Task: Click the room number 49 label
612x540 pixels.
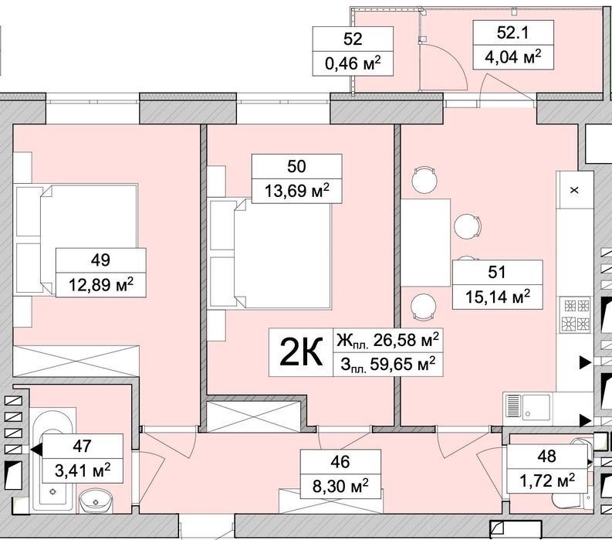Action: pos(100,260)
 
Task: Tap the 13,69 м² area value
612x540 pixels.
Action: pos(297,191)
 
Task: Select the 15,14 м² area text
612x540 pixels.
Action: pos(498,297)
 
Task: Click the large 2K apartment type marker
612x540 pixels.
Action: pos(301,353)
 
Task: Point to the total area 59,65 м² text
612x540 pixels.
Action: pos(388,365)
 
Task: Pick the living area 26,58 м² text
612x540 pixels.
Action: pos(388,341)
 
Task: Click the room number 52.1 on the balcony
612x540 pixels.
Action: pos(513,32)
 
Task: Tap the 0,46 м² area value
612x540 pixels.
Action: pos(353,63)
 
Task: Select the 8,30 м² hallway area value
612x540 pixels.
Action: pos(340,487)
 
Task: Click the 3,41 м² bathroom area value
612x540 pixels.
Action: pos(83,470)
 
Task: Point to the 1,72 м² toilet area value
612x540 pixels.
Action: pos(547,480)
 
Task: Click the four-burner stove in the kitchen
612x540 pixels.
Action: pos(575,314)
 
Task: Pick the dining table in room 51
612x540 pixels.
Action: pos(425,243)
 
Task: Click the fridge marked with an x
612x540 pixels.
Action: pos(574,190)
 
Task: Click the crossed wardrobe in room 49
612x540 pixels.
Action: pos(76,361)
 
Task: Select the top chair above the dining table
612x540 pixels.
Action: pos(424,180)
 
